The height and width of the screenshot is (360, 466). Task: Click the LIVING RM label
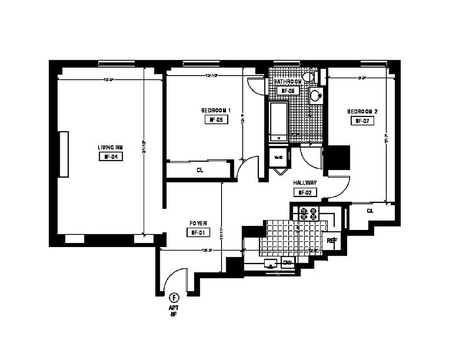coord(110,147)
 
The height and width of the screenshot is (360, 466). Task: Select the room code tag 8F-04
coord(110,157)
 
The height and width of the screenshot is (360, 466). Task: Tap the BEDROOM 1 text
coord(216,110)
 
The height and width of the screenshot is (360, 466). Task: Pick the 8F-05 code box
coord(216,120)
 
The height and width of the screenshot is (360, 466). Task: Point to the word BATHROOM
coord(288,81)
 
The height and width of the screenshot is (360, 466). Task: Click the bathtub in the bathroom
coord(278,122)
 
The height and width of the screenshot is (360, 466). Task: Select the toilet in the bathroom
coord(309,77)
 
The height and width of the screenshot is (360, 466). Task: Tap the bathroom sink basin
coord(317,95)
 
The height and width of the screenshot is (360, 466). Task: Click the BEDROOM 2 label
coord(362,111)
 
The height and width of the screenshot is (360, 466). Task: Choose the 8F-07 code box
coord(362,121)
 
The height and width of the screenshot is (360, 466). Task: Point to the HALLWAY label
coord(305,183)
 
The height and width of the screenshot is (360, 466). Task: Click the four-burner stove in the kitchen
coord(308,213)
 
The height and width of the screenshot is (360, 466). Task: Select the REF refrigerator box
coord(331,241)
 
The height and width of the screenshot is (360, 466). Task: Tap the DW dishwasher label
coord(287,263)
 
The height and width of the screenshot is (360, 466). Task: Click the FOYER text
coord(198,223)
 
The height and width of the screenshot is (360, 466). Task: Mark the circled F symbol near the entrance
coord(174,297)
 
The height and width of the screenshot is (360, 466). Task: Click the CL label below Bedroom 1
coord(200,171)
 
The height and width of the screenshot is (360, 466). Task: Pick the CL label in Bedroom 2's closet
coord(370,211)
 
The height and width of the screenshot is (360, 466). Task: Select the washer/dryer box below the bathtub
coord(279,158)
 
